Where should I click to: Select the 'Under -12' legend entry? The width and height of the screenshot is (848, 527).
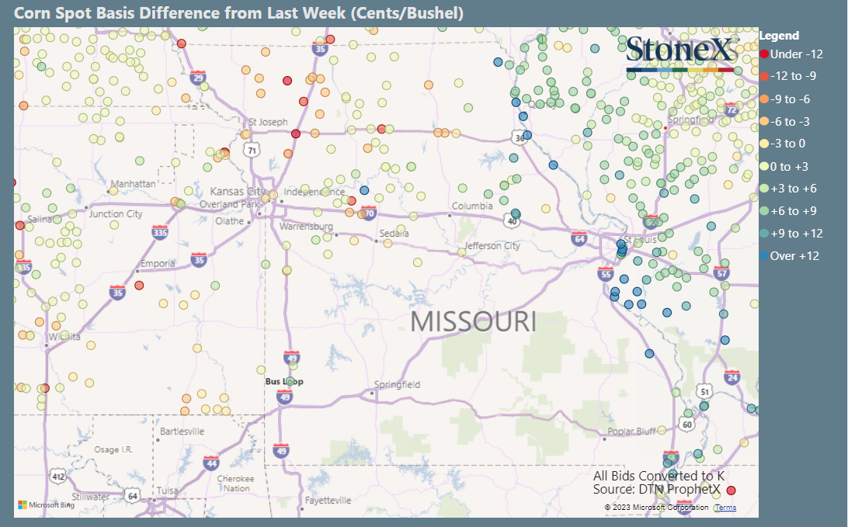(791, 54)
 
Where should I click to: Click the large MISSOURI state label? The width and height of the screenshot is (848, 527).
(473, 321)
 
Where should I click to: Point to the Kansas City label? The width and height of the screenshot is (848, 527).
(238, 191)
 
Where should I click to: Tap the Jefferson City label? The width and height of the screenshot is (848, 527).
(492, 246)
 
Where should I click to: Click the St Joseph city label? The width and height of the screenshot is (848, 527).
(268, 122)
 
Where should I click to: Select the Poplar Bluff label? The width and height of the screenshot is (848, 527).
(631, 432)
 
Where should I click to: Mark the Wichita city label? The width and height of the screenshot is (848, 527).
(64, 337)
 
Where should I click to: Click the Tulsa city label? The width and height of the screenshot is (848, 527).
(166, 491)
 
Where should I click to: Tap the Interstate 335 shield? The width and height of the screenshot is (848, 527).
(160, 232)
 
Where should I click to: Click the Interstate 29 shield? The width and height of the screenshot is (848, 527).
(198, 78)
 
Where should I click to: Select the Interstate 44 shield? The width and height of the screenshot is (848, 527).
(210, 463)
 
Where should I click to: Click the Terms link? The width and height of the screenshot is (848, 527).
(725, 508)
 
